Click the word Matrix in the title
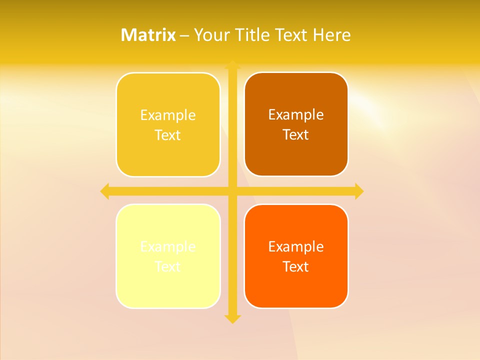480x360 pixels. click(x=148, y=35)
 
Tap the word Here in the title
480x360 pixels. click(x=331, y=35)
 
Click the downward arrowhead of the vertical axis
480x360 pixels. click(x=232, y=318)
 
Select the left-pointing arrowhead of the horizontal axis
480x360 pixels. click(x=105, y=191)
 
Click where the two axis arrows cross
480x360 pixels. click(x=232, y=191)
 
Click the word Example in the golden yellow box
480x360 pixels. click(x=168, y=115)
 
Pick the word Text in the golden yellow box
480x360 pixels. click(x=168, y=135)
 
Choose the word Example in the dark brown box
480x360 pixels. click(x=296, y=115)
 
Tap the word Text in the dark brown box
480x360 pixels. click(x=296, y=134)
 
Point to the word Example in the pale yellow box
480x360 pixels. click(x=168, y=247)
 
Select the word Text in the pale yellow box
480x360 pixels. click(x=168, y=266)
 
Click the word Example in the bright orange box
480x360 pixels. click(x=296, y=247)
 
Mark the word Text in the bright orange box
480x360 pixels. click(x=296, y=266)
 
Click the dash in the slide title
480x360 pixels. click(x=184, y=35)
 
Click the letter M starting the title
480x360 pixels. click(x=128, y=35)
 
